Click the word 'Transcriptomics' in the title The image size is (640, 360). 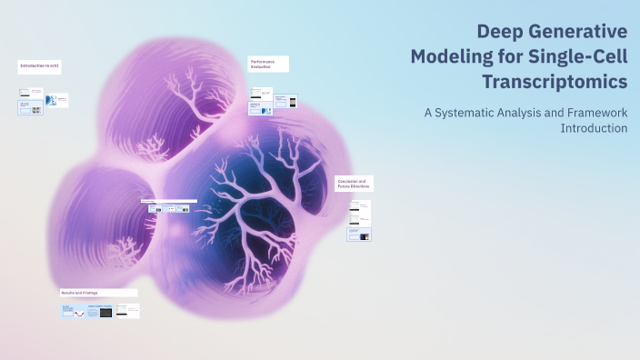click(x=555, y=82)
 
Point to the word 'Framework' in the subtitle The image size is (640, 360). click(x=596, y=113)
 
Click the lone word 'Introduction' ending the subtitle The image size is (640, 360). click(x=595, y=128)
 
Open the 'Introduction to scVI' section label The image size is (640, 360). click(x=41, y=66)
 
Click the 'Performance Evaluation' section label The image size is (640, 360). click(x=268, y=64)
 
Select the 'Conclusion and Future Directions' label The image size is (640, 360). click(x=354, y=184)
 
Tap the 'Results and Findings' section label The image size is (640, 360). click(x=98, y=293)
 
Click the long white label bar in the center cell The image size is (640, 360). click(x=169, y=201)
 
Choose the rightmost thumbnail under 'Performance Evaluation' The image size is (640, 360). click(x=291, y=101)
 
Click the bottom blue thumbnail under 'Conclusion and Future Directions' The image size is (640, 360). click(x=359, y=235)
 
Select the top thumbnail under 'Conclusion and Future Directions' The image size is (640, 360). click(x=360, y=212)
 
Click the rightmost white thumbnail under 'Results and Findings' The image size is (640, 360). click(x=128, y=311)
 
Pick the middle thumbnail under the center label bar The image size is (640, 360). click(x=170, y=209)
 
